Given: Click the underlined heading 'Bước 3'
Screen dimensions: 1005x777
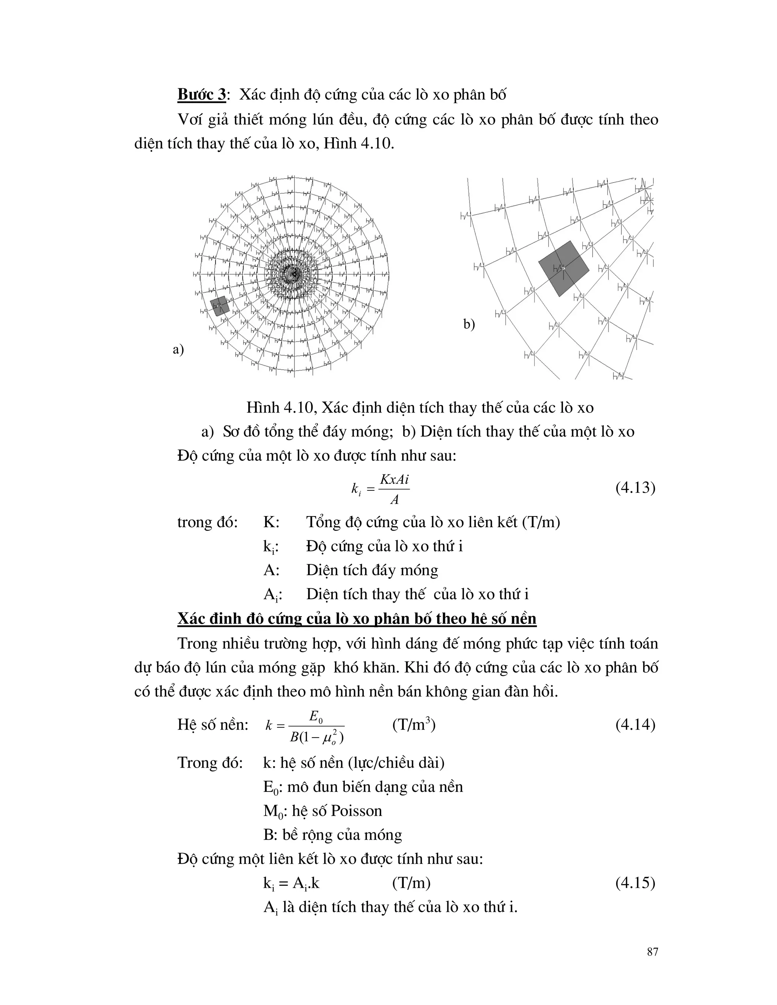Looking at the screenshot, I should tap(201, 95).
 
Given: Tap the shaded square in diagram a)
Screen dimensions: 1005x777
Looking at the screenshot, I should tap(220, 306).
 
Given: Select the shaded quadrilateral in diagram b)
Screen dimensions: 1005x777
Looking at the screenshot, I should tap(564, 268).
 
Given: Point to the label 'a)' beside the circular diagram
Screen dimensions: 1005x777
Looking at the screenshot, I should tap(178, 349).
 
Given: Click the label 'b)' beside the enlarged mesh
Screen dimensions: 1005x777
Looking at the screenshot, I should tap(469, 324).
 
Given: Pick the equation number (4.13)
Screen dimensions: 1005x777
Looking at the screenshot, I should tap(635, 488).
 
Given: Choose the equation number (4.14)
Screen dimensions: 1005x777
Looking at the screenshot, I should tap(635, 725).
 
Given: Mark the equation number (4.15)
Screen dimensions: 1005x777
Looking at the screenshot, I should tap(635, 883).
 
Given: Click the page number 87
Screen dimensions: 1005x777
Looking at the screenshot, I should tap(652, 952).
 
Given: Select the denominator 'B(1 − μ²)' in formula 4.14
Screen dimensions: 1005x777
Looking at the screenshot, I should tap(317, 737).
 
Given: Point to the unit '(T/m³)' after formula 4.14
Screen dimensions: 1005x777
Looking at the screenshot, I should tap(414, 725).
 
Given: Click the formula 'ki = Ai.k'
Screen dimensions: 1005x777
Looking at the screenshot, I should tap(291, 883).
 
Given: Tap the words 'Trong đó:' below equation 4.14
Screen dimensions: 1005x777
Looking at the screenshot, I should tap(210, 763).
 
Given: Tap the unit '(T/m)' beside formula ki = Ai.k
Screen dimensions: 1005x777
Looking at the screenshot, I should tap(411, 883).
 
